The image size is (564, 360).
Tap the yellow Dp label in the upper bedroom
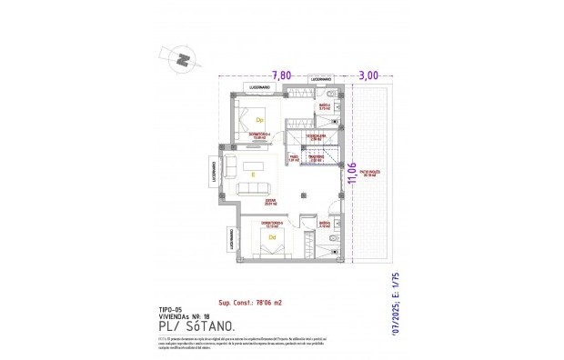click(x=259, y=119)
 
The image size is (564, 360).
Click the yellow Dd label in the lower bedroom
click(x=272, y=239)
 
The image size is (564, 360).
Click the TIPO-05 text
click(x=171, y=309)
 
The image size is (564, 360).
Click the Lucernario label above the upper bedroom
click(x=255, y=87)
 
